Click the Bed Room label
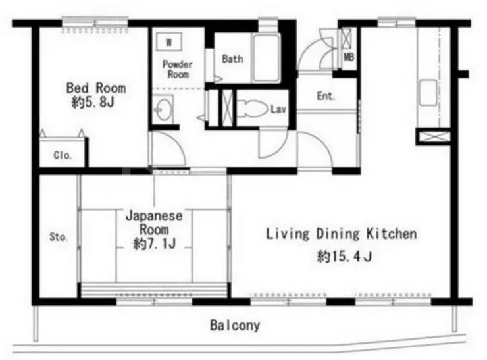pyautogui.click(x=96, y=88)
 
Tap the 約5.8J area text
pyautogui.click(x=93, y=102)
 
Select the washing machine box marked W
pyautogui.click(x=168, y=41)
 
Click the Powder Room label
pyautogui.click(x=177, y=69)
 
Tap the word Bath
pyautogui.click(x=232, y=59)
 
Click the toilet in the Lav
pyautogui.click(x=252, y=109)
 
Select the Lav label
pyautogui.click(x=278, y=109)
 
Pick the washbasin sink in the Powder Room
pyautogui.click(x=163, y=109)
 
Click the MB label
pyautogui.click(x=349, y=57)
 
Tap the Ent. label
pyautogui.click(x=326, y=96)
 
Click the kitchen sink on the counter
pyautogui.click(x=428, y=93)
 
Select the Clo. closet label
pyautogui.click(x=63, y=155)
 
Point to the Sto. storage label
pyautogui.click(x=59, y=237)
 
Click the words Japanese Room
pyautogui.click(x=155, y=222)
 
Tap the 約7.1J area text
pyautogui.click(x=155, y=244)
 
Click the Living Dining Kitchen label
pyautogui.click(x=342, y=234)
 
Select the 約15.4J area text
pyautogui.click(x=344, y=257)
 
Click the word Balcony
pyautogui.click(x=235, y=325)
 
